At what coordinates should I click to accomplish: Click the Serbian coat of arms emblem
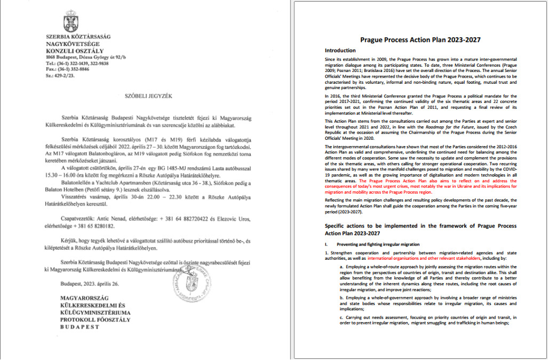click(55, 22)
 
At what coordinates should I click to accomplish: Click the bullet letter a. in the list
click(341, 265)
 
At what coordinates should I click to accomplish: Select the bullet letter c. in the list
click(341, 317)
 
